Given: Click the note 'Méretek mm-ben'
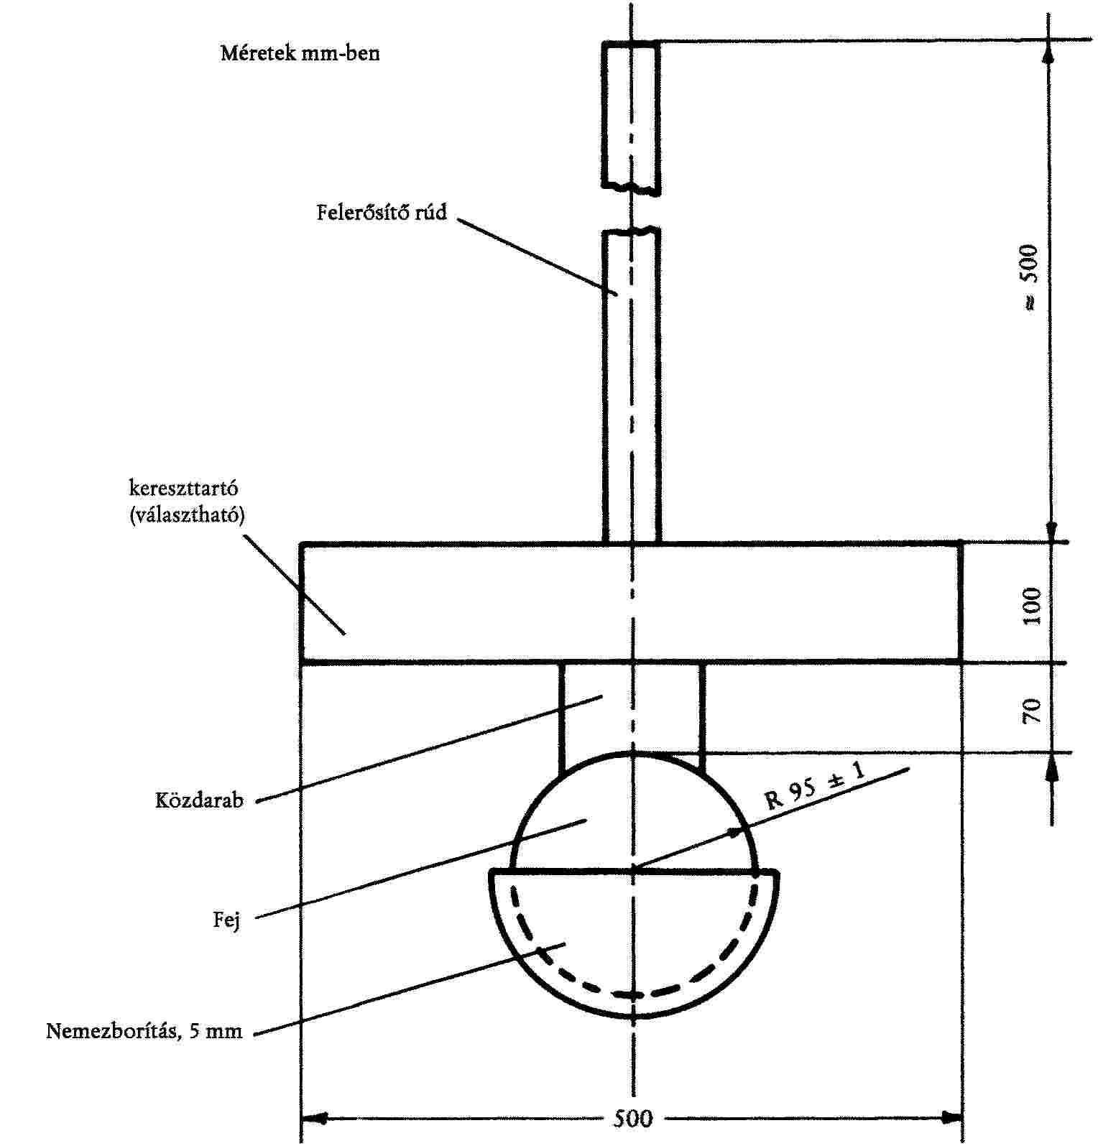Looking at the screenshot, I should point(300,53).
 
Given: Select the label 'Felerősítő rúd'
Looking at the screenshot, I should point(382,212).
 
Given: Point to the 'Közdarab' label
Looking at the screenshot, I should point(199,800).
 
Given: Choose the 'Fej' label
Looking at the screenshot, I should point(226,920).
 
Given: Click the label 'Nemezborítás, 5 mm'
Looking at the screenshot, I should point(144,1032).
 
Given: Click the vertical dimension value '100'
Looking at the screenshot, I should point(1032,605).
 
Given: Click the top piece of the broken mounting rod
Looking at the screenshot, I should point(631,115).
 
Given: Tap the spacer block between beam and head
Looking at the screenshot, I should point(631,708).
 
